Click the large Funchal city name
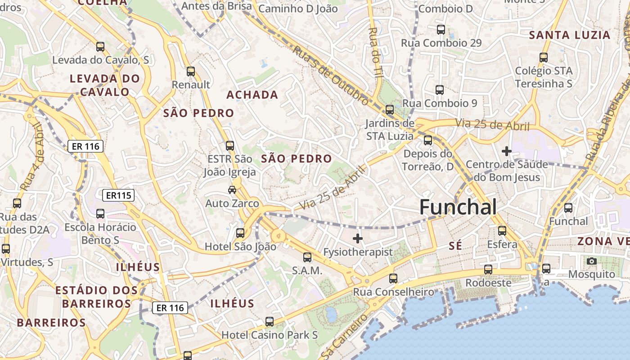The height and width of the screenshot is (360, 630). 458,207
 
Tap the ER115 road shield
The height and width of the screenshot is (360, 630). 118,195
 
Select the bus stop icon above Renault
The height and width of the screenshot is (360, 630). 191,72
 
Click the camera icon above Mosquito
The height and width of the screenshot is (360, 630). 592,261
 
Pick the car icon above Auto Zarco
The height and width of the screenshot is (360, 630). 232,190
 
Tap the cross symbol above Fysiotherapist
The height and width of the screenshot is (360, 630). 358,238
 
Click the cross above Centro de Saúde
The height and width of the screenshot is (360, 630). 507,151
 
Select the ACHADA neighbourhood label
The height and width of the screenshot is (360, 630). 252,95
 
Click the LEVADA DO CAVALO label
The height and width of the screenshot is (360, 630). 105,85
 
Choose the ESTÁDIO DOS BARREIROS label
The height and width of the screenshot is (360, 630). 96,297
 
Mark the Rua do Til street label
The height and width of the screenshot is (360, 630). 374,52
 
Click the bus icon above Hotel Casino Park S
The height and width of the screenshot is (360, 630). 270,322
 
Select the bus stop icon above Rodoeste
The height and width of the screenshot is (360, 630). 488,270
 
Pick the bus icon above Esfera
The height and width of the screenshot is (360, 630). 502,231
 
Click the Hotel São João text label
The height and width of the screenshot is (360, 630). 240,247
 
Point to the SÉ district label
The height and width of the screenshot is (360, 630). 455,246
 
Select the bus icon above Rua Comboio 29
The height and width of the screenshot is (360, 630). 441,30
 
